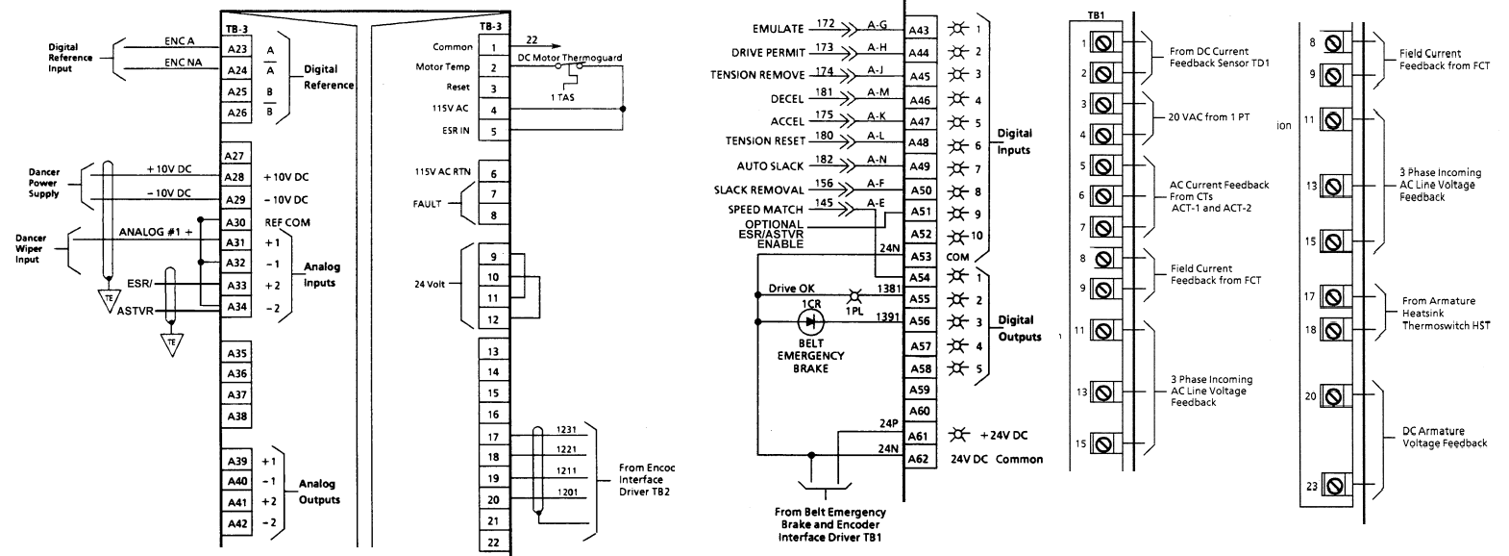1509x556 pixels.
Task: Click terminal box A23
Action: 236,49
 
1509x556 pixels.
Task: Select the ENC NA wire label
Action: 181,63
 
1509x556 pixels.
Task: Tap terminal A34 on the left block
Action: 236,307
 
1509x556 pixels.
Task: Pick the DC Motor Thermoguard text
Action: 570,58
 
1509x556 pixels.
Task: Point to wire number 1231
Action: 566,430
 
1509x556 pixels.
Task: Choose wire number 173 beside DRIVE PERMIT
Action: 824,46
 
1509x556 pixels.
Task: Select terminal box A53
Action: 920,256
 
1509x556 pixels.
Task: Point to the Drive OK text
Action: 791,288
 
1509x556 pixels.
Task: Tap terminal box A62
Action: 920,459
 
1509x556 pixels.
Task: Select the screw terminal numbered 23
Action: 1332,486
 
